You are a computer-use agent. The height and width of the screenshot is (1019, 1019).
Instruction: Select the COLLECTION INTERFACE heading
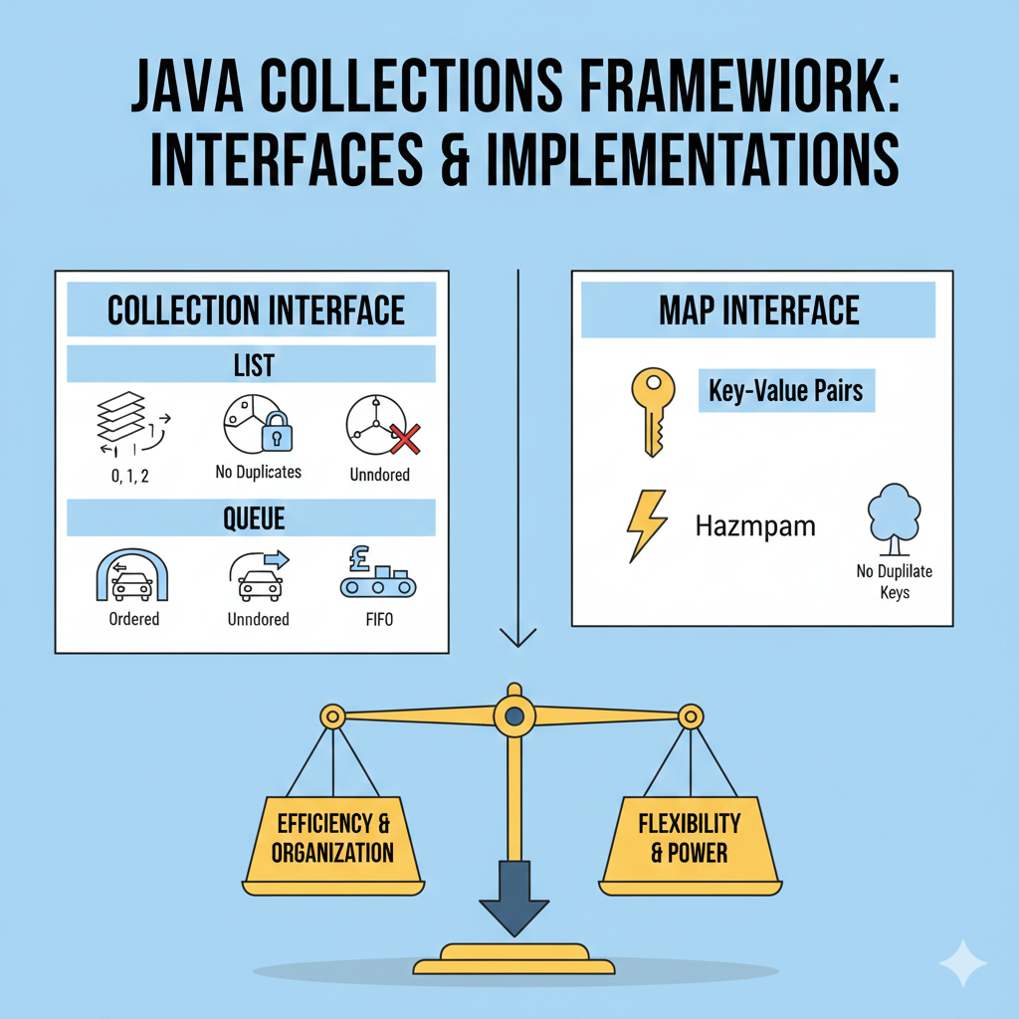(256, 310)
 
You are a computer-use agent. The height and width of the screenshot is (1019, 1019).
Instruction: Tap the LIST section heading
(253, 365)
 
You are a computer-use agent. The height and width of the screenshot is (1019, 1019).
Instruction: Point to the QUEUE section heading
(253, 517)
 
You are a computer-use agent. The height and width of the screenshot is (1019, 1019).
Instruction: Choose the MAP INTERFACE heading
(758, 310)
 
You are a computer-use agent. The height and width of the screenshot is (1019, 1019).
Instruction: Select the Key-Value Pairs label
(786, 392)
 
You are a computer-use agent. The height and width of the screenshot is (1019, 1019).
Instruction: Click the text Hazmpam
(754, 525)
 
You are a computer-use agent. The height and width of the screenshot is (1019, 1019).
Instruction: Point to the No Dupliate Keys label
(893, 582)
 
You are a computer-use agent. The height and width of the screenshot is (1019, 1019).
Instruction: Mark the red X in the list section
(405, 434)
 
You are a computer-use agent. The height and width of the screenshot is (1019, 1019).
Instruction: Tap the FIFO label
(380, 619)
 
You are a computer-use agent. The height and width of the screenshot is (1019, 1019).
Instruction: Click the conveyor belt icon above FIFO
(379, 578)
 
